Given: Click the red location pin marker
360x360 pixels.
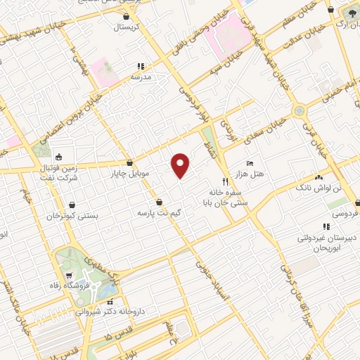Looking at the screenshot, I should (181, 165).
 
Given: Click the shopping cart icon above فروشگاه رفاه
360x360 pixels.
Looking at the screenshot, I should (69, 275).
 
